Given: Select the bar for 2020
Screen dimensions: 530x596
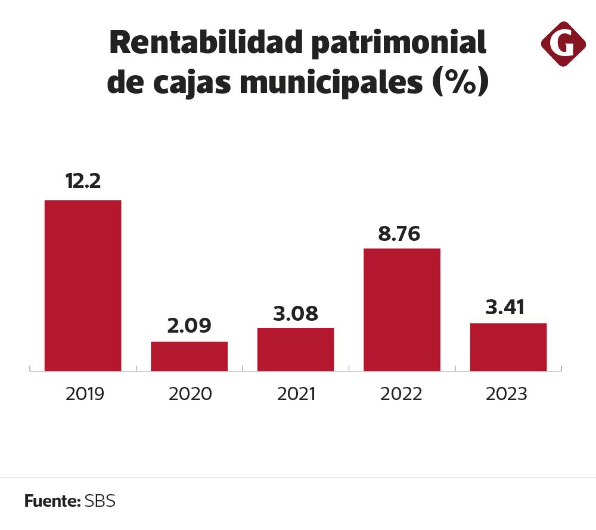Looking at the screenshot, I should (189, 356).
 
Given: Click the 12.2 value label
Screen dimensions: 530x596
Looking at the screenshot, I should (83, 181).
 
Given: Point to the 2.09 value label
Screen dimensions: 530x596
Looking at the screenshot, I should (190, 326).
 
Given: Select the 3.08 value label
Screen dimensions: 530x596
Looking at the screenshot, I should (296, 313).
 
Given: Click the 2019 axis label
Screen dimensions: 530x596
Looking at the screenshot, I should (85, 394).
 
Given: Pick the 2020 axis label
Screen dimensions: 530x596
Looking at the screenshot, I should (190, 394).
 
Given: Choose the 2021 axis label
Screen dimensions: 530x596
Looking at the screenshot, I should (296, 394).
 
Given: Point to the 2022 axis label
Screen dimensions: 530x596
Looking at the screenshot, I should (401, 394).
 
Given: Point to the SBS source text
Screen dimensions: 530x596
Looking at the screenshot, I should (100, 501).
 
